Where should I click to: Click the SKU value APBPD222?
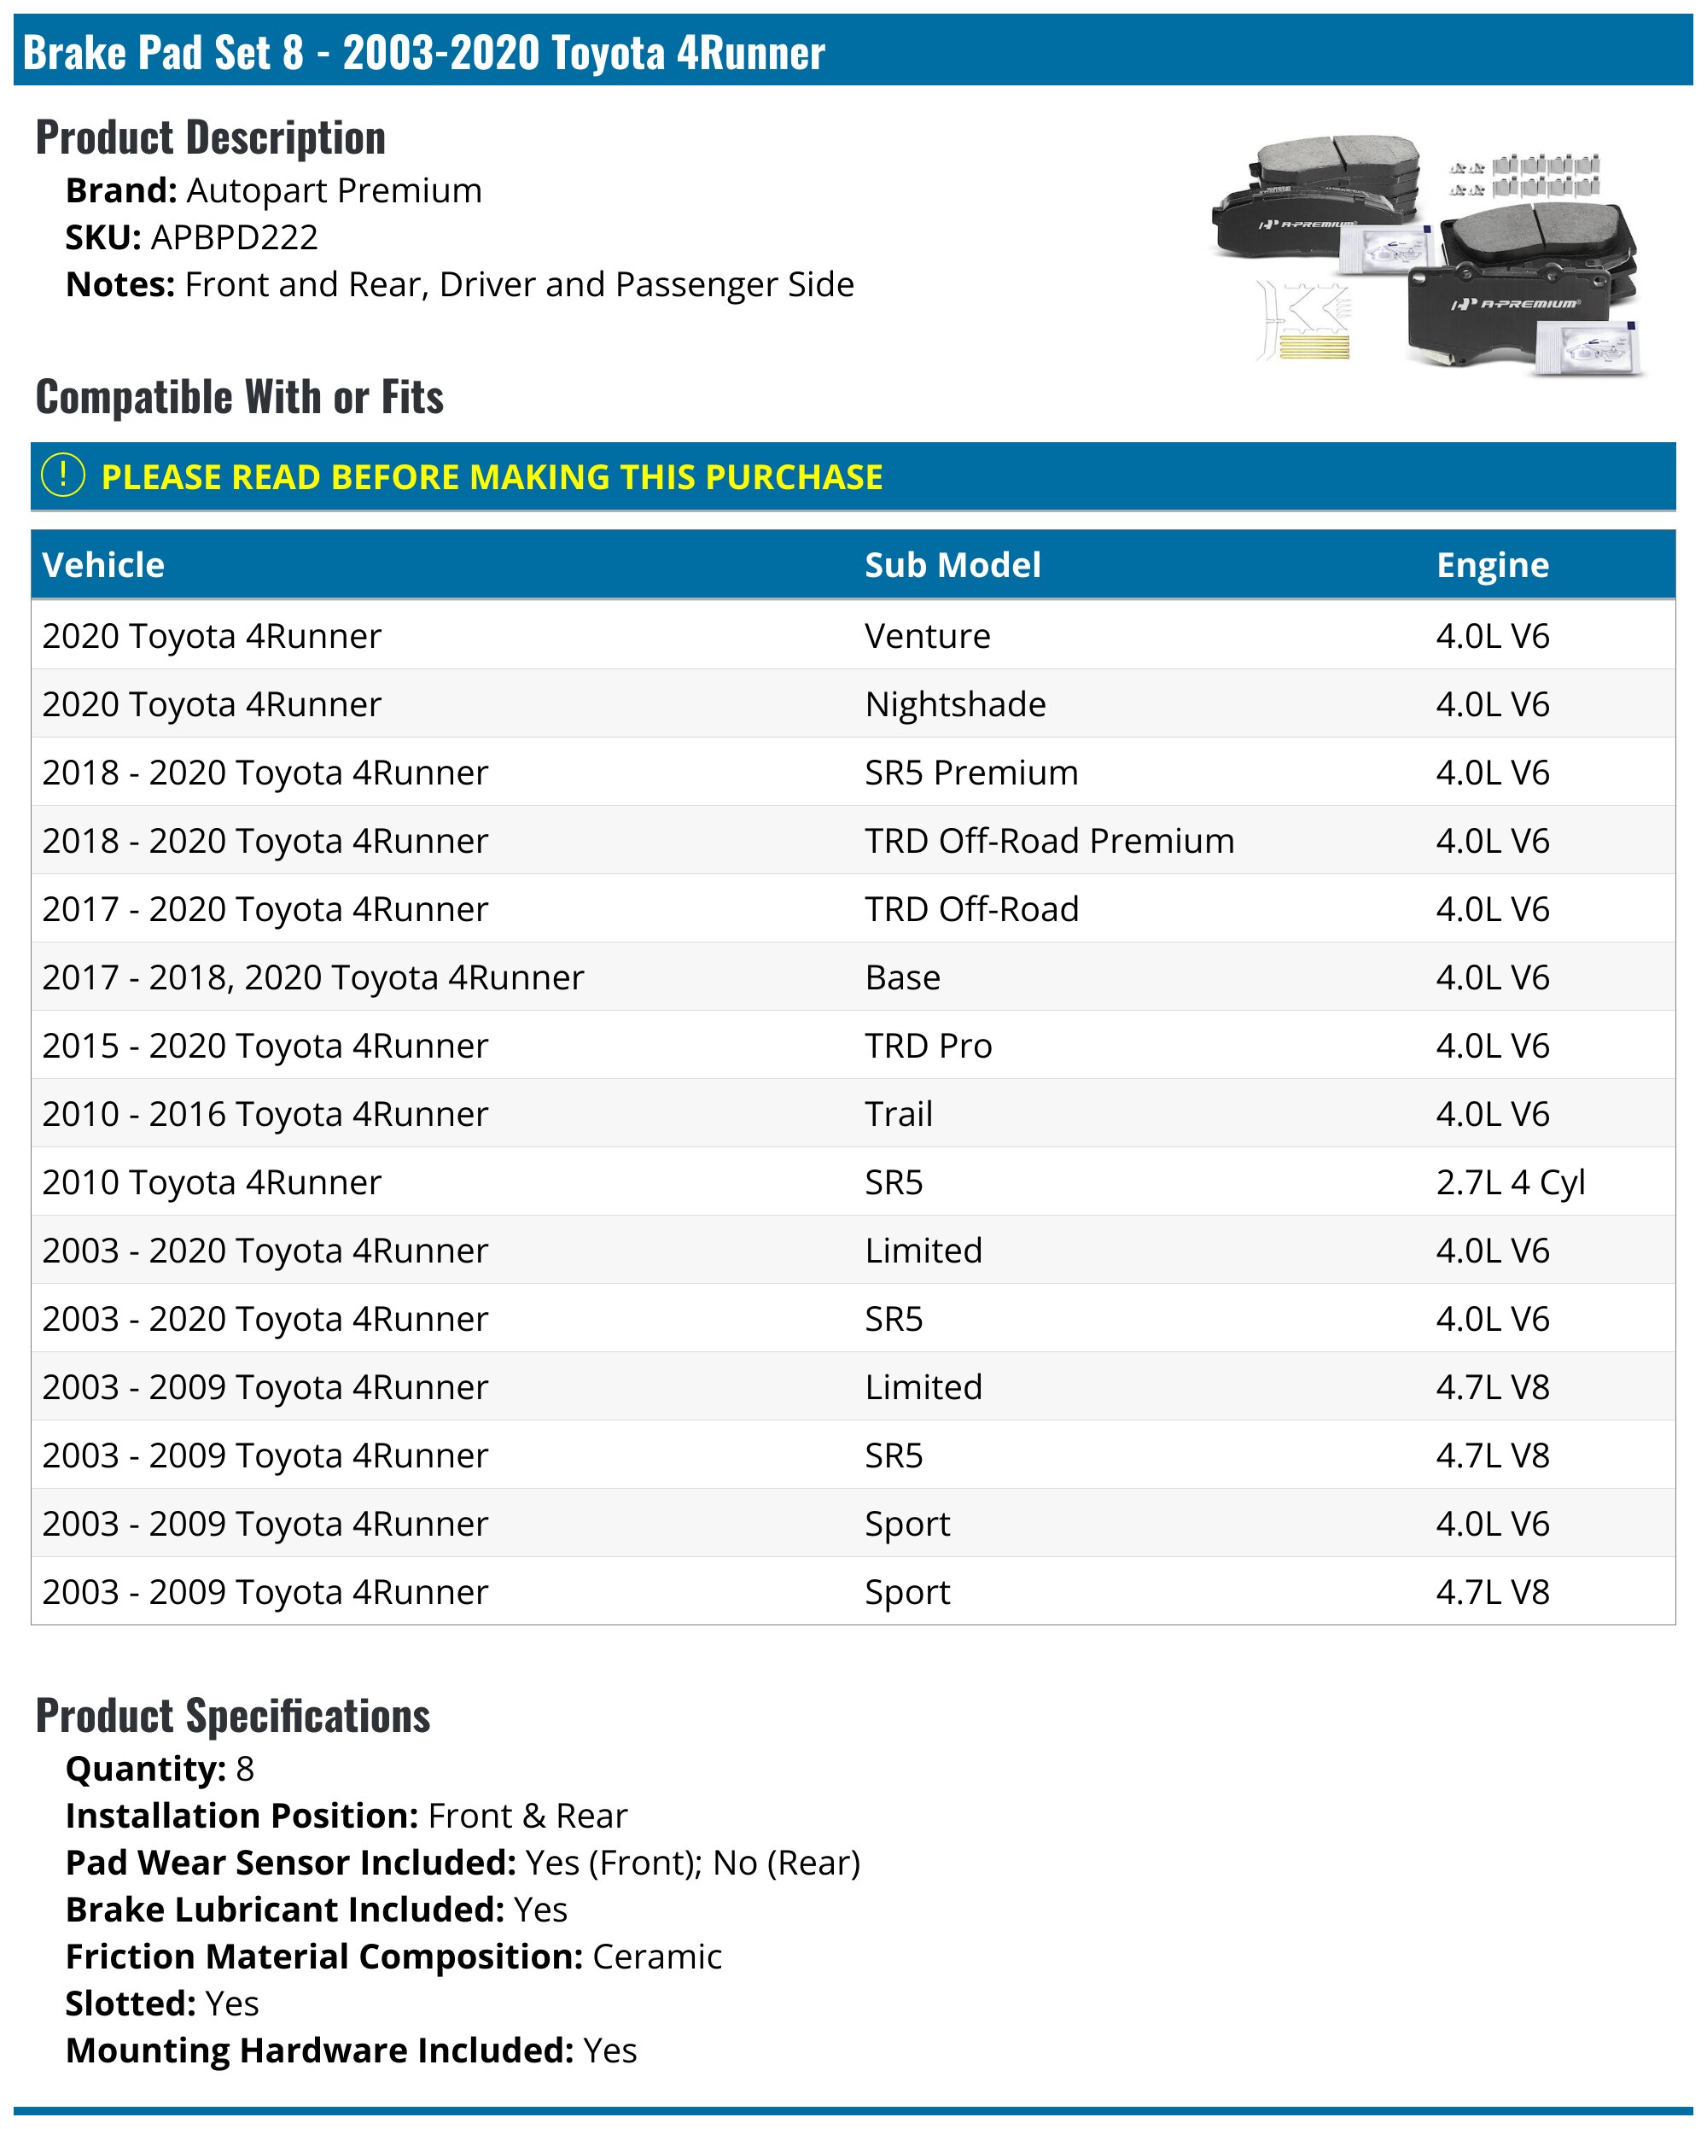(x=234, y=237)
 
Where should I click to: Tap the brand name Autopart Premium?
(x=334, y=190)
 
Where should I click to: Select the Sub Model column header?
(x=952, y=565)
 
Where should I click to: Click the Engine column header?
(x=1491, y=565)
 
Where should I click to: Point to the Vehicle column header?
(x=103, y=565)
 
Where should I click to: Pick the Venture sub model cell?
(x=926, y=636)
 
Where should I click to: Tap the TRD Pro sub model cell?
(x=927, y=1046)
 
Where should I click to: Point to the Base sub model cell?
(x=901, y=977)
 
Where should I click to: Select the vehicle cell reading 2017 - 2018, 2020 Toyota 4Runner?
(x=313, y=977)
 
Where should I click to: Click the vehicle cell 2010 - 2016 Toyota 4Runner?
(x=265, y=1114)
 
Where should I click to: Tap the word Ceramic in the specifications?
(x=656, y=1957)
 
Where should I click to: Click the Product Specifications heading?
(x=233, y=1715)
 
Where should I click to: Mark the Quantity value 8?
(x=245, y=1769)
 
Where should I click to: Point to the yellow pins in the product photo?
(x=1313, y=347)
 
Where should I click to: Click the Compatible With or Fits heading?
(x=240, y=397)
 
